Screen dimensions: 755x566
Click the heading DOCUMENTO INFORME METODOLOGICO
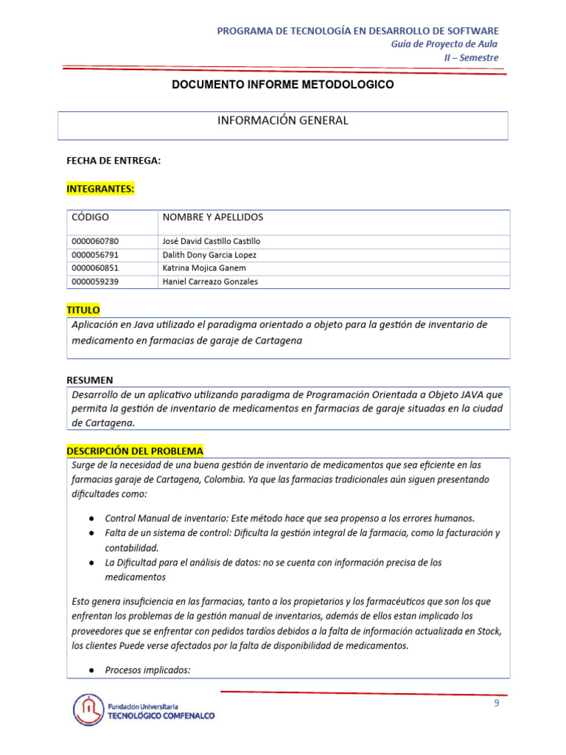pos(282,85)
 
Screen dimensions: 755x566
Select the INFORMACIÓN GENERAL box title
pos(282,120)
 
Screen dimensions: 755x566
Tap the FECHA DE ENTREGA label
pos(113,160)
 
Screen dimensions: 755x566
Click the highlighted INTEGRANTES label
pos(100,189)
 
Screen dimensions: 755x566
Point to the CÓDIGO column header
pos(90,217)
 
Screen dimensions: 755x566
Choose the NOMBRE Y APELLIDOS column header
pos(212,217)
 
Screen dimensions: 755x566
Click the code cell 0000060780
pos(95,241)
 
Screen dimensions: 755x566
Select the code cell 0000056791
pos(95,255)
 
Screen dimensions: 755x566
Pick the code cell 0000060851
pos(95,268)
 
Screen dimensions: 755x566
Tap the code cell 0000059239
pos(95,282)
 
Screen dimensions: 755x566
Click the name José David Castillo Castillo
pos(211,241)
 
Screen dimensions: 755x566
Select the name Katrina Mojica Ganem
pos(204,268)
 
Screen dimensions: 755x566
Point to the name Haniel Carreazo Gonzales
pos(210,282)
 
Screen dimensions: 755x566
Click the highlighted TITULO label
pos(83,310)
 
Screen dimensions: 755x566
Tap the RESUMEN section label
pos(90,380)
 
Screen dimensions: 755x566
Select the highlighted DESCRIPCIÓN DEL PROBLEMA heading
pos(135,450)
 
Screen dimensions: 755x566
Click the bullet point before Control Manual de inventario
pos(91,518)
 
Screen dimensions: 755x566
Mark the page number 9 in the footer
pos(497,703)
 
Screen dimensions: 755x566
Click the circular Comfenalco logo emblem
pos(88,710)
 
